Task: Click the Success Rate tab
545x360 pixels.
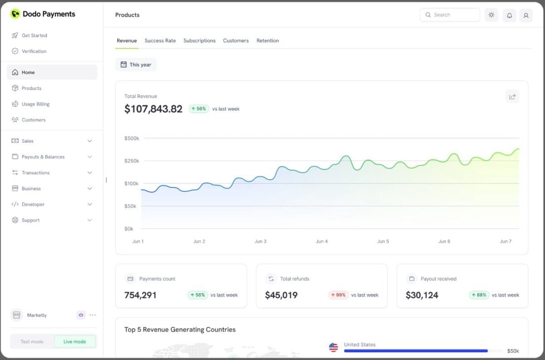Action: pos(160,40)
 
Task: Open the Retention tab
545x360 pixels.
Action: pos(268,40)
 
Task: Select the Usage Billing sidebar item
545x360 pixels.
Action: pos(35,104)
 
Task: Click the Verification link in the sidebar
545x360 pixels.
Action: pos(34,51)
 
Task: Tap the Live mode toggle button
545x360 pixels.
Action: pos(74,341)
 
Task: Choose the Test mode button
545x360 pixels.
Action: pos(32,341)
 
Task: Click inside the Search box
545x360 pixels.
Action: pos(450,15)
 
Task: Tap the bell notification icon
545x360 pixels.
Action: pos(509,15)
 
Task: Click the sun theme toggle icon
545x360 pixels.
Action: pos(491,15)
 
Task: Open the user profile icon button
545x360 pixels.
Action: pos(526,15)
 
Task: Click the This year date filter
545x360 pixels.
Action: pos(136,65)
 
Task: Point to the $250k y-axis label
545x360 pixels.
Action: pos(132,161)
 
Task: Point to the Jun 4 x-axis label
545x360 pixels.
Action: pos(322,241)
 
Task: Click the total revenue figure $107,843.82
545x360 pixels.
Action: pos(154,109)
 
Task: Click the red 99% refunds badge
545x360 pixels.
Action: pos(338,295)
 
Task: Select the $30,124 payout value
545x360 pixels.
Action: pos(422,295)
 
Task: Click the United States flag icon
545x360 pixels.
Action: pos(333,347)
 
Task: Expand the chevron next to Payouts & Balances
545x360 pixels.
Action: pos(89,157)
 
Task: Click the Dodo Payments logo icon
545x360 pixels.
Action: pos(15,14)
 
